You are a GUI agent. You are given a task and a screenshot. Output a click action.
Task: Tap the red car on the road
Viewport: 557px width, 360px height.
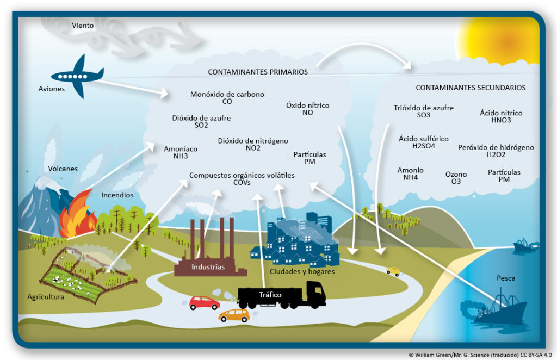[204, 303]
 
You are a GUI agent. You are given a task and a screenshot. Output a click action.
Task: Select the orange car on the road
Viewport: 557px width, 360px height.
[234, 315]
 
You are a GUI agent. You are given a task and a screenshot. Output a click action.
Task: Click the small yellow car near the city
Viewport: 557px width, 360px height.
[393, 271]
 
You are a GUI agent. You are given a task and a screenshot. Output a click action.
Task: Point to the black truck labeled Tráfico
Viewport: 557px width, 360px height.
[281, 295]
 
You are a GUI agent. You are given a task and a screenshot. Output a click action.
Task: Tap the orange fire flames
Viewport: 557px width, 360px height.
[76, 215]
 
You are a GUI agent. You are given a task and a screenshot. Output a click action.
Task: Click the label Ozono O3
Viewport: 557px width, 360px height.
[456, 178]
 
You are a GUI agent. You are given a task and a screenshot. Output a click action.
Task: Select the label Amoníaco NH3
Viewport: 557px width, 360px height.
[181, 153]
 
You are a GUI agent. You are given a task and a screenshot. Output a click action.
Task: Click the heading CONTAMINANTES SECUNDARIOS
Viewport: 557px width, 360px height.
[471, 88]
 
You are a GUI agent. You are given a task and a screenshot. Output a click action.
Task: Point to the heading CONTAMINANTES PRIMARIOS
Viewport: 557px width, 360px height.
[258, 72]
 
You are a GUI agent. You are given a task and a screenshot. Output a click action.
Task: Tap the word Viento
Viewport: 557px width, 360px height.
[83, 26]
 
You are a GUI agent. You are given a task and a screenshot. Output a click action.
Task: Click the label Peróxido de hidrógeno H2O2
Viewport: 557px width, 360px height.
[496, 151]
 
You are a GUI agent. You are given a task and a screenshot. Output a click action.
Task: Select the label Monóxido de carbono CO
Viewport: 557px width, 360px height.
[227, 98]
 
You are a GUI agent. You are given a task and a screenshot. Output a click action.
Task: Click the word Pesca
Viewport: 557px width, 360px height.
[506, 278]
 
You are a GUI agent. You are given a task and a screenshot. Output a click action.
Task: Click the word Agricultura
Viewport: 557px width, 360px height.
[46, 297]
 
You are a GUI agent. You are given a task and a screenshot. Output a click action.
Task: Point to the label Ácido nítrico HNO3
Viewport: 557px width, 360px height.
[501, 116]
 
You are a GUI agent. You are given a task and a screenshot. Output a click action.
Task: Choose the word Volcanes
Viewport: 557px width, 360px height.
[63, 169]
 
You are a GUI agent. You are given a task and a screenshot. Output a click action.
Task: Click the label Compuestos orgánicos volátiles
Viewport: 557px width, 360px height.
[242, 176]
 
